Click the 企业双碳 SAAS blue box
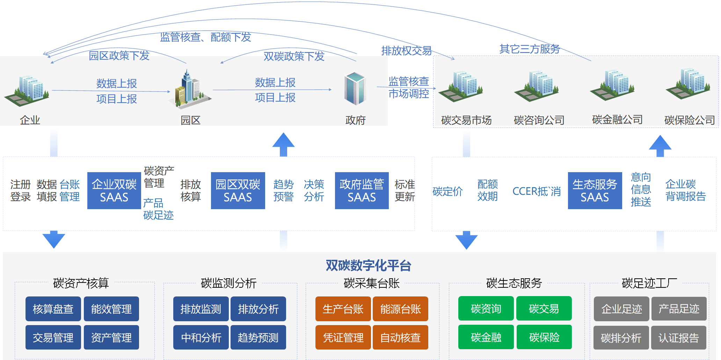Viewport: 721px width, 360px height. tap(114, 191)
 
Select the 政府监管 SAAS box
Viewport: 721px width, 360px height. tap(362, 191)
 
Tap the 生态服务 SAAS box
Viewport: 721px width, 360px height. tap(595, 191)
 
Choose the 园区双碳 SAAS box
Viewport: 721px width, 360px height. tap(238, 191)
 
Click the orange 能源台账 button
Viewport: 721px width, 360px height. tap(400, 309)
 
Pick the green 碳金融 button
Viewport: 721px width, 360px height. tap(486, 337)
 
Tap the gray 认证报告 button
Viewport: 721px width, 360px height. tap(678, 338)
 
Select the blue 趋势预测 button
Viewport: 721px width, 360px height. tap(258, 338)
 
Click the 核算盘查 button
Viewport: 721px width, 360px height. tap(53, 309)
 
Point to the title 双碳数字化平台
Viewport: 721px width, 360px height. tap(368, 266)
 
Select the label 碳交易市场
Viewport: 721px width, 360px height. tap(466, 120)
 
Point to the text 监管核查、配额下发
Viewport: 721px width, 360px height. tap(205, 37)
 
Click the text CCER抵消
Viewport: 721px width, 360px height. tap(536, 191)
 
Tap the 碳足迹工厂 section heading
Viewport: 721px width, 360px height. tap(649, 283)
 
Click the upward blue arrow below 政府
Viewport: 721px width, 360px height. tap(283, 144)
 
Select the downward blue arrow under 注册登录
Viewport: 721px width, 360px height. tap(54, 239)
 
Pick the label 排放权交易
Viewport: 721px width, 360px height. tap(406, 51)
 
